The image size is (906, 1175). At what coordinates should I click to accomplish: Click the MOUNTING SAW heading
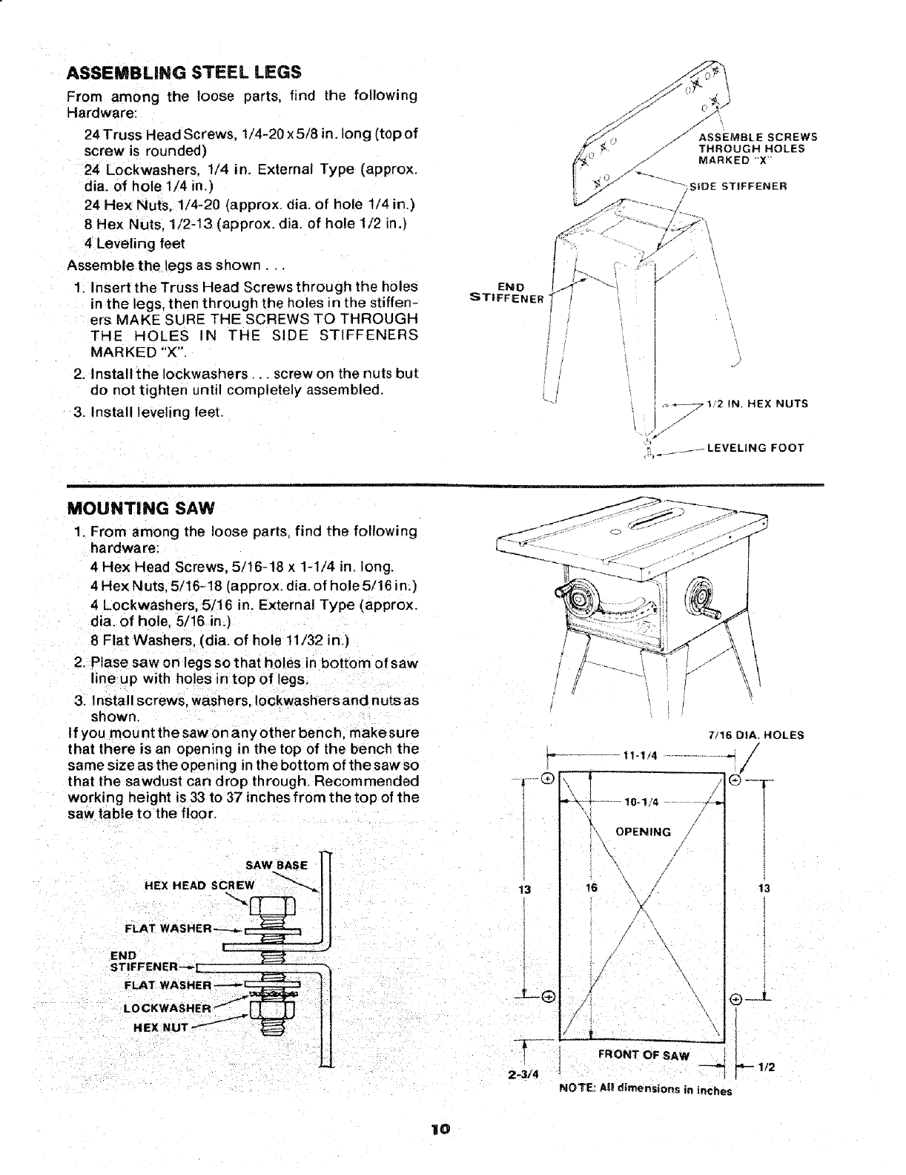(x=141, y=509)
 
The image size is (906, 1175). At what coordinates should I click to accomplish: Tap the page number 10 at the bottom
(x=440, y=1129)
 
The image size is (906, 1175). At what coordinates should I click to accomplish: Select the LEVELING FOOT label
(x=755, y=448)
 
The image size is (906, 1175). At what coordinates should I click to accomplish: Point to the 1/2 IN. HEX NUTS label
(x=756, y=404)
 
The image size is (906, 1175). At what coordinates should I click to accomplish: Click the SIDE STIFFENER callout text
(x=738, y=185)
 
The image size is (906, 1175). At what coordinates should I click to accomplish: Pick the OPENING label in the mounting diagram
(x=644, y=832)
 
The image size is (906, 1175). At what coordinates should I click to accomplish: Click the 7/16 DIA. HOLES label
(x=756, y=736)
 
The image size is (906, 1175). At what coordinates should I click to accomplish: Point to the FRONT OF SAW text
(x=644, y=1056)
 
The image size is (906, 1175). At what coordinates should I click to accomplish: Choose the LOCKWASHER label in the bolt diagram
(x=168, y=1007)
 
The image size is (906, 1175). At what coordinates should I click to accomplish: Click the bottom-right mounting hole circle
(x=735, y=998)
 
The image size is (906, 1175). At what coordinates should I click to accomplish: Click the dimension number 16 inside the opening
(x=591, y=888)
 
